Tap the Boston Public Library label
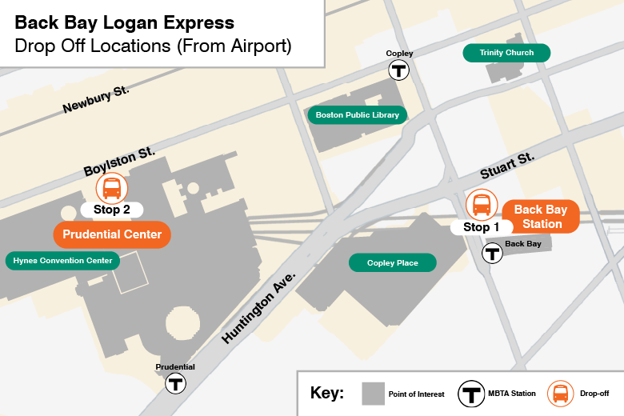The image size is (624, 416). click(x=357, y=115)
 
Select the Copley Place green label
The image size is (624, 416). click(x=392, y=262)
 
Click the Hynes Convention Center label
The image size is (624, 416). click(x=62, y=261)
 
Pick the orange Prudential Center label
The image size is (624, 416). click(x=112, y=235)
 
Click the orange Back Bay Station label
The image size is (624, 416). click(x=540, y=217)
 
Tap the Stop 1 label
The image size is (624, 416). click(x=477, y=227)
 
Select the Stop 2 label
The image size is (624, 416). click(x=112, y=210)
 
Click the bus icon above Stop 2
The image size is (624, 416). click(x=112, y=189)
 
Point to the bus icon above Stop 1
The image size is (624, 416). click(x=482, y=204)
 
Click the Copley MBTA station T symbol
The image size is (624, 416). click(x=399, y=70)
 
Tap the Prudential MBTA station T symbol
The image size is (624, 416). click(x=175, y=383)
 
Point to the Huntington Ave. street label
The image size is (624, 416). click(x=258, y=307)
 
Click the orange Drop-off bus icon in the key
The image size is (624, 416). click(x=560, y=394)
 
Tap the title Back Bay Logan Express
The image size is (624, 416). click(x=125, y=22)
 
